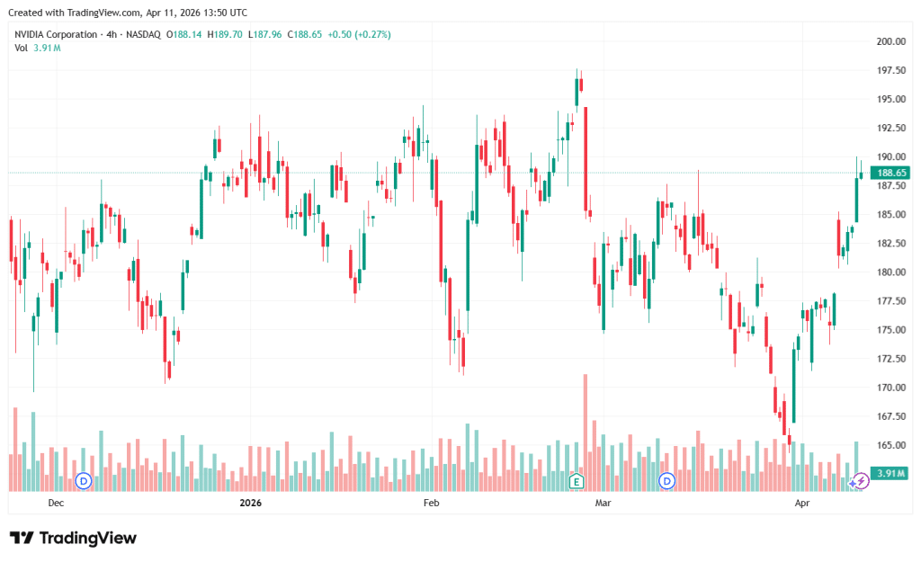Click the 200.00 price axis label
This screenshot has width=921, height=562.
point(890,41)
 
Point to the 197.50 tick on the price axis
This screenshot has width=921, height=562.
point(890,70)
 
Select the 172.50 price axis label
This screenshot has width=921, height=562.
point(890,359)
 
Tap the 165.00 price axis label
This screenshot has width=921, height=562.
point(890,445)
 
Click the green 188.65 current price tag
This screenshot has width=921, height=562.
point(891,173)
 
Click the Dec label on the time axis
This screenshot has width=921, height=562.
point(56,504)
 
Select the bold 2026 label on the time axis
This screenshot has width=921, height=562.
point(250,504)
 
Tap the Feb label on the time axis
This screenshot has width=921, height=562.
point(431,504)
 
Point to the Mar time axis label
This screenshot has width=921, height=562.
point(604,504)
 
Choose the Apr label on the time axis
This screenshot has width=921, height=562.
point(804,504)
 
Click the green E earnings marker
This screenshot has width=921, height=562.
point(577,481)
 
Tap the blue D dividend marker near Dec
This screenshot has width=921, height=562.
point(85,481)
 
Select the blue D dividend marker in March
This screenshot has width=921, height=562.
point(666,481)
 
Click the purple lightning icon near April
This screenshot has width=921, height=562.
point(860,481)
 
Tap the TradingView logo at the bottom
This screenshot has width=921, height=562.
point(73,538)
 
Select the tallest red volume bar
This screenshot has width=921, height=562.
point(585,432)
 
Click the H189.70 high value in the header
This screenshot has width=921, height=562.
point(225,34)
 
